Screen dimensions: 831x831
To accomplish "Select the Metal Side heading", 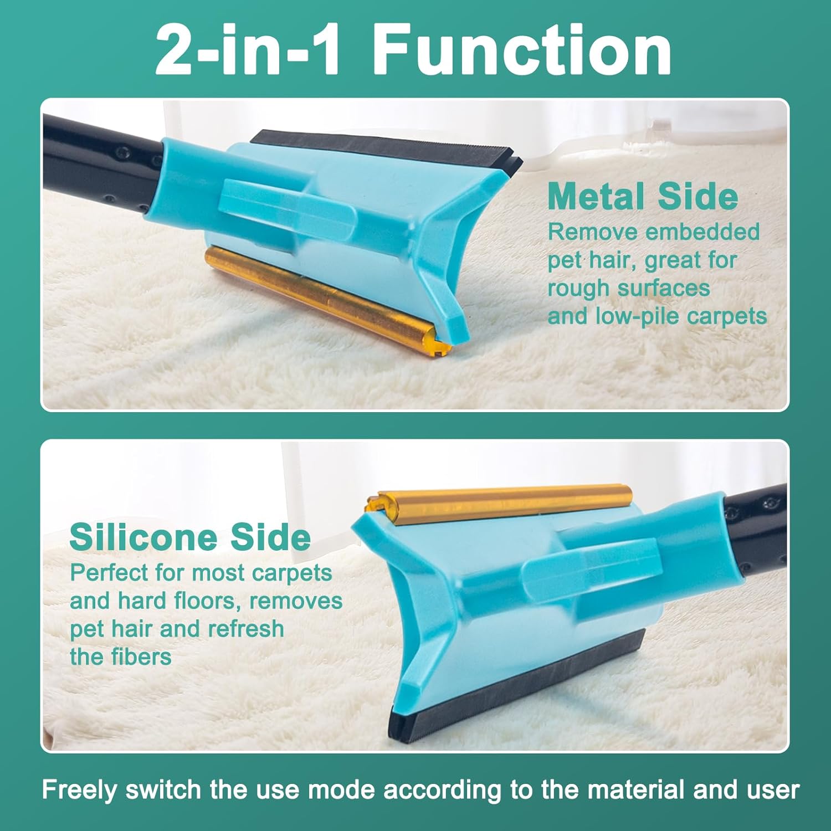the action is [643, 196].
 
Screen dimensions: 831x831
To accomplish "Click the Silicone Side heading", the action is [190, 537].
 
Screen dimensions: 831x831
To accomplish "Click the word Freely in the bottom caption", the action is [79, 790].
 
